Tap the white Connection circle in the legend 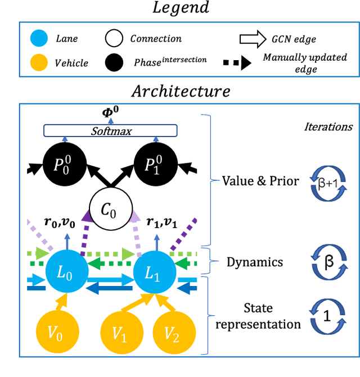point(114,38)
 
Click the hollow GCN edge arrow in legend point(252,38)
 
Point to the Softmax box point(110,130)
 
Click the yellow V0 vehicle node point(55,333)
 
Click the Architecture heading point(181,90)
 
